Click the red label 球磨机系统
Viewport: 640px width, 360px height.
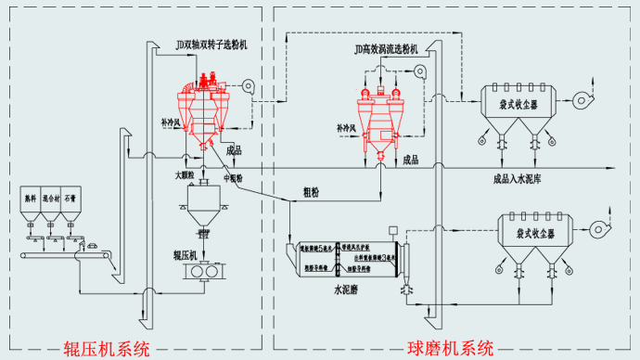point(451,349)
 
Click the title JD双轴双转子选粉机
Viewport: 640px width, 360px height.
point(210,44)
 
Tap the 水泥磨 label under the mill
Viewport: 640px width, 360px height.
point(346,290)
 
